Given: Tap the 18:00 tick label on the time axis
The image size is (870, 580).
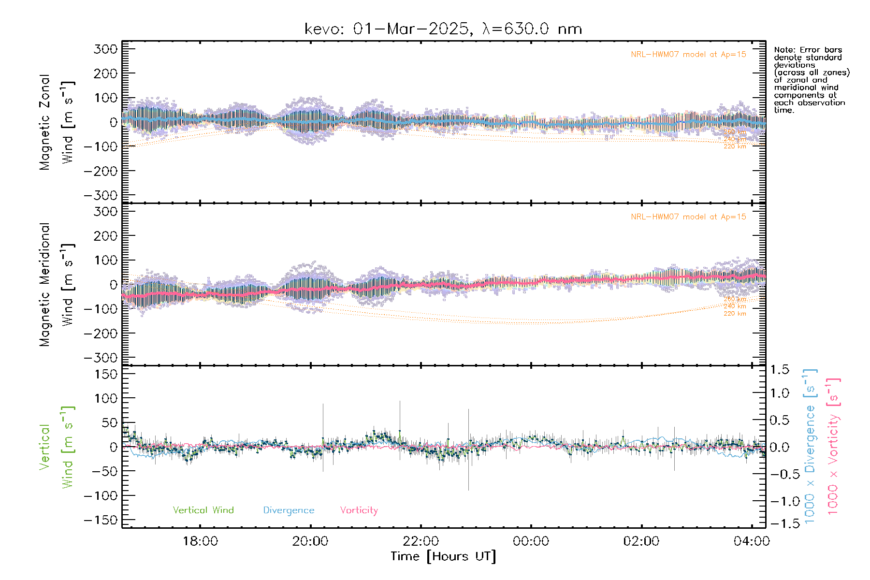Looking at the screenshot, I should point(200,541).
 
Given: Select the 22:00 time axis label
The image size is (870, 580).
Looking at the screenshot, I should point(421,541).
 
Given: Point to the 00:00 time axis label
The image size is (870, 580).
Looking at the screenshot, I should point(531,541).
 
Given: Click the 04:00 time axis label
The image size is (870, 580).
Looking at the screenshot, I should point(751,541).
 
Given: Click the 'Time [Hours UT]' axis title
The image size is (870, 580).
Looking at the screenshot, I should point(443,556).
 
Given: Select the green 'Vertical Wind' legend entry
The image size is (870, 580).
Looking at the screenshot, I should point(203,510).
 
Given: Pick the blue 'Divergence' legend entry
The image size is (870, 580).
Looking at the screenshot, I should point(289,510).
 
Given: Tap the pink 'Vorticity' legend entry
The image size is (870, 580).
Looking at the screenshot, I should point(359,510).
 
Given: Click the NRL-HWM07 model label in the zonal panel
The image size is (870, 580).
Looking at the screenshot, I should point(688,55).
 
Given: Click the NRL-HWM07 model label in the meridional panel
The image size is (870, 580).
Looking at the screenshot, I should point(688,217).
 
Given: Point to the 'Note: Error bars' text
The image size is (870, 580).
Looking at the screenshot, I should point(808,50).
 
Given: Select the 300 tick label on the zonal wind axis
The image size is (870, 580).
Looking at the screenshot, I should point(105,49).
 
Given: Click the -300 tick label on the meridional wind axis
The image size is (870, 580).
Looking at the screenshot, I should point(101,358).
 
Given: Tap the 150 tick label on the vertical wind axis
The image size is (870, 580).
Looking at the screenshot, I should point(105,374).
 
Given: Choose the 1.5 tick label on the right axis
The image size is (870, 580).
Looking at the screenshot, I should point(779,370).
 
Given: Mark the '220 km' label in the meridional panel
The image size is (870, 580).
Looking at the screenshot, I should point(735,314).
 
